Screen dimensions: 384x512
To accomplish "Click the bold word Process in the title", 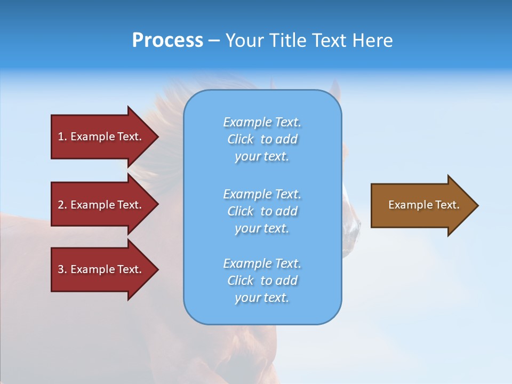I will pos(167,41).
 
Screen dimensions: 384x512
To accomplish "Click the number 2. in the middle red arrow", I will pos(62,205).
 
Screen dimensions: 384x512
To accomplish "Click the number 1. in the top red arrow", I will pos(62,137).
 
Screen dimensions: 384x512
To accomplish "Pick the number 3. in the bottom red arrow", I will pos(62,269).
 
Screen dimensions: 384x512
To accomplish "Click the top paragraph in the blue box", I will pos(262,139).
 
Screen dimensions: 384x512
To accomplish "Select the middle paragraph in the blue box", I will pos(262,211).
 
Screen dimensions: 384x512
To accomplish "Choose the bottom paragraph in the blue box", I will pos(262,281).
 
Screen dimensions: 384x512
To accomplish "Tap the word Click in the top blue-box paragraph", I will pos(241,139).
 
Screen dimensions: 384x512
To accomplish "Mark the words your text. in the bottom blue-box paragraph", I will pos(262,298).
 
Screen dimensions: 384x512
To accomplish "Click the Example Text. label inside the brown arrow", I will pos(423,205).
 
